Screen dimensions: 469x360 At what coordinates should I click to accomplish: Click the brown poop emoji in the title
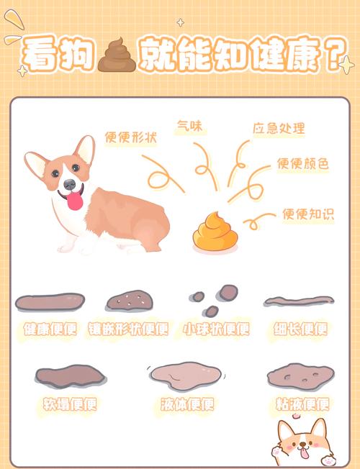point(115,55)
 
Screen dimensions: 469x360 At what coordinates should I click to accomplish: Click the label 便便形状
point(131,137)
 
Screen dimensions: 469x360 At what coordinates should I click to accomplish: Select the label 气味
point(190,126)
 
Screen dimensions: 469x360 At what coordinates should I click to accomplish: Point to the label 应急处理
point(278,129)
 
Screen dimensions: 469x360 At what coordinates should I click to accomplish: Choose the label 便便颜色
point(302,164)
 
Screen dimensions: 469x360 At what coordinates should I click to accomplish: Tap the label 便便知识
point(308,214)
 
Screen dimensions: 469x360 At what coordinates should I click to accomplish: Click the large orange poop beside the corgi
point(214,231)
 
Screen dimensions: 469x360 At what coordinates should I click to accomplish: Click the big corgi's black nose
point(69,185)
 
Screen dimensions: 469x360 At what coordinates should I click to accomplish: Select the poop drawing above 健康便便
point(50,301)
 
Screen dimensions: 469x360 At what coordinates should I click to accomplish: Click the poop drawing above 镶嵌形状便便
point(128,299)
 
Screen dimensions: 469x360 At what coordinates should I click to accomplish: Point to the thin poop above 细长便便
point(298,301)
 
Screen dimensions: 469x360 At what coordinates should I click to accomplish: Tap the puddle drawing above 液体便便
point(186,375)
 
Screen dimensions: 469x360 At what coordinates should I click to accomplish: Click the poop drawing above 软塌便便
point(70,375)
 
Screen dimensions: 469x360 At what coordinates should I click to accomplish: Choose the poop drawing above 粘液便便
point(300,375)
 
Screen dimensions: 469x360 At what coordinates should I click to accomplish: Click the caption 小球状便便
point(215,329)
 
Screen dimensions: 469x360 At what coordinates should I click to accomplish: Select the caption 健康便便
point(50,329)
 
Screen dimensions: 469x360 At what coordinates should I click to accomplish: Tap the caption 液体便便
point(187,404)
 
